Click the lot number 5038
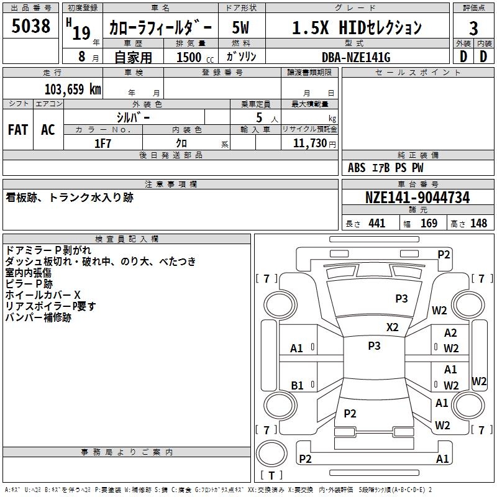tap(30, 27)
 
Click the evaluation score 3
tap(473, 28)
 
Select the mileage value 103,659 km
tap(73, 89)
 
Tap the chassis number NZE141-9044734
tap(417, 198)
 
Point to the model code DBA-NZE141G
tap(356, 57)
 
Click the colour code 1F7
tap(103, 143)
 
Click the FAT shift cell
tap(18, 130)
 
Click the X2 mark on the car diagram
tap(393, 327)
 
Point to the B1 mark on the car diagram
tap(297, 386)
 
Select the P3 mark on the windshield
tap(402, 299)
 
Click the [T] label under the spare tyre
tap(271, 475)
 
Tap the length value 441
tap(377, 223)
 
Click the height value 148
tap(478, 223)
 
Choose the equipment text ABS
tap(357, 168)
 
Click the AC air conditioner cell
tap(48, 130)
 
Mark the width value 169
tap(429, 223)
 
